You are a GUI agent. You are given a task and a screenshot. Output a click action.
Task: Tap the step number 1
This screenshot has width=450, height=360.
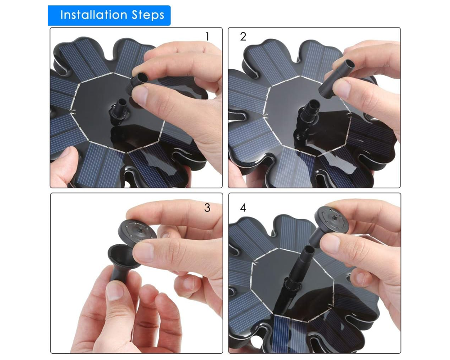207,36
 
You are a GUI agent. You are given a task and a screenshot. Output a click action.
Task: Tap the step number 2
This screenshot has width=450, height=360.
243,36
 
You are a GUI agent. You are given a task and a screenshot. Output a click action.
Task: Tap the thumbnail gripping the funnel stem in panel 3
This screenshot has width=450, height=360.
114,291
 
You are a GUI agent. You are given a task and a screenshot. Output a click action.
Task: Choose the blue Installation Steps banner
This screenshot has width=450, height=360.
109,15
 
